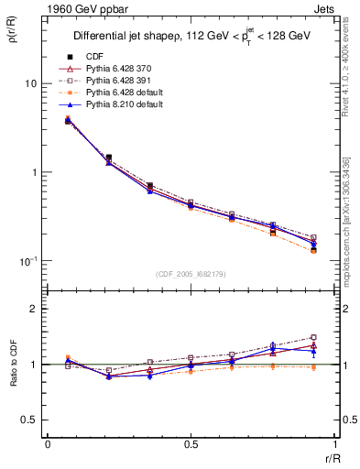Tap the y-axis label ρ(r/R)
(13, 38)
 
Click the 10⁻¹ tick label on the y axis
(28, 261)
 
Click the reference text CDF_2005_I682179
(191, 274)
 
